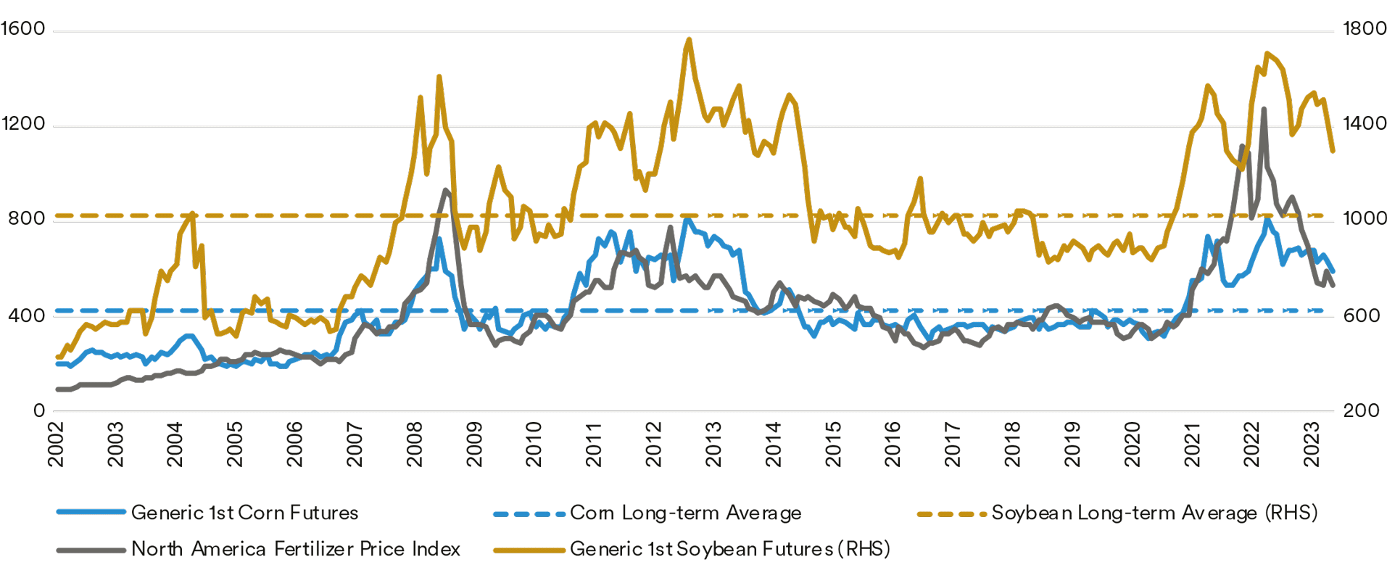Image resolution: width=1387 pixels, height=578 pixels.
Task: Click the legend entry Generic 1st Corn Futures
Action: [x=244, y=513]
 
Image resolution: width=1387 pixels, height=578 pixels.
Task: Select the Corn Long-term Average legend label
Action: [x=685, y=513]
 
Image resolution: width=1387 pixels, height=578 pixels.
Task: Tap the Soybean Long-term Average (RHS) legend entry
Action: [x=1154, y=513]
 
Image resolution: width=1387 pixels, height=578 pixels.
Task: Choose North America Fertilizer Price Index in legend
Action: [x=295, y=549]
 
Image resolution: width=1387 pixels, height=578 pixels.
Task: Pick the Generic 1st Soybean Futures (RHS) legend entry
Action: [x=729, y=549]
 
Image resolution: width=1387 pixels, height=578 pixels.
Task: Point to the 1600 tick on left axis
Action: [x=24, y=29]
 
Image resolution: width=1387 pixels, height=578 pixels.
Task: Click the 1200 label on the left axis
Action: [x=24, y=124]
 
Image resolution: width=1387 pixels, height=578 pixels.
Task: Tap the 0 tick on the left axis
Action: [x=38, y=410]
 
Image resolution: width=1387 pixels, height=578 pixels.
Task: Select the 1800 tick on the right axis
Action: [x=1364, y=29]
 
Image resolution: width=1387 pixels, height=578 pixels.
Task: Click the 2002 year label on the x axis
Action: [x=57, y=444]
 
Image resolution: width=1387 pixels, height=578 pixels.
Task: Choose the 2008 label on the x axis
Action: [x=415, y=444]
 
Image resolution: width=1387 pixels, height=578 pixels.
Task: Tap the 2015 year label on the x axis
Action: [x=833, y=444]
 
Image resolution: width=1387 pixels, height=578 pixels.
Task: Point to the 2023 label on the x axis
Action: [x=1311, y=444]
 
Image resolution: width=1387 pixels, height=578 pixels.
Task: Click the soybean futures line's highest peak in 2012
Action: [x=688, y=40]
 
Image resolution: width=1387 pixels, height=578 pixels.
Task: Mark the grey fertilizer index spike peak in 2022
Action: [x=1264, y=110]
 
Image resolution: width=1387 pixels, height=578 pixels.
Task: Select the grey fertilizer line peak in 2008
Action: [x=445, y=190]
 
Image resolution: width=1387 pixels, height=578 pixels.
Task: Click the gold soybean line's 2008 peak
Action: [x=439, y=76]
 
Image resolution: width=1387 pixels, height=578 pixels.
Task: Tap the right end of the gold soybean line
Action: [x=1333, y=151]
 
